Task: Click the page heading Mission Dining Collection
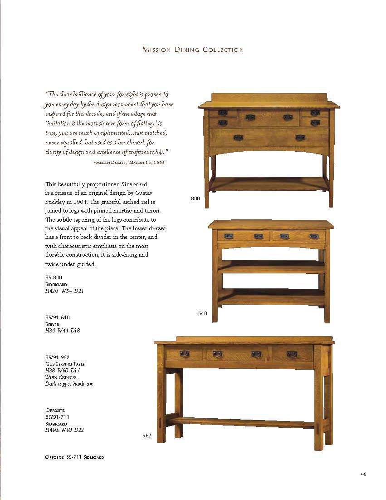coord(193,50)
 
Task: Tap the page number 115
coord(363,474)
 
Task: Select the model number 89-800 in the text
coord(54,277)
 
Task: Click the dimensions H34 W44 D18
coord(63,331)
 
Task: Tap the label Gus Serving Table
coord(65,364)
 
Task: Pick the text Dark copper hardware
coord(70,384)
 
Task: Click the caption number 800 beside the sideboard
coord(195,198)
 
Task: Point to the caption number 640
coord(202,313)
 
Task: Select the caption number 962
coord(147,436)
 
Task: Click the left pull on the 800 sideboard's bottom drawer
coord(238,137)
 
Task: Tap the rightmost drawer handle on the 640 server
coord(314,236)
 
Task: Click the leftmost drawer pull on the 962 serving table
coord(184,354)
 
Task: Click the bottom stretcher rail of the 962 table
coord(245,423)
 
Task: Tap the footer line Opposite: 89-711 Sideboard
coord(74,457)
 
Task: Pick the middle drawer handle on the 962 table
coord(256,354)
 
